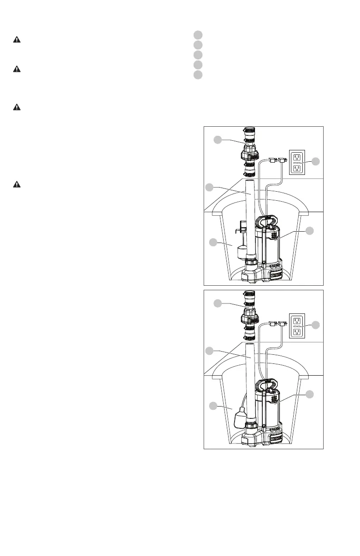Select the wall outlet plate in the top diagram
click(297, 162)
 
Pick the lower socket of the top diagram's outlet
click(297, 168)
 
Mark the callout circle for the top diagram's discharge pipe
click(209, 187)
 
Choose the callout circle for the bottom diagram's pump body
click(310, 394)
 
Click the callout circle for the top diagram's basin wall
click(213, 243)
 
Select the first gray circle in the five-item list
click(197, 35)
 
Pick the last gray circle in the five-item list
click(197, 75)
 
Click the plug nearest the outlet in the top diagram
click(282, 159)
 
